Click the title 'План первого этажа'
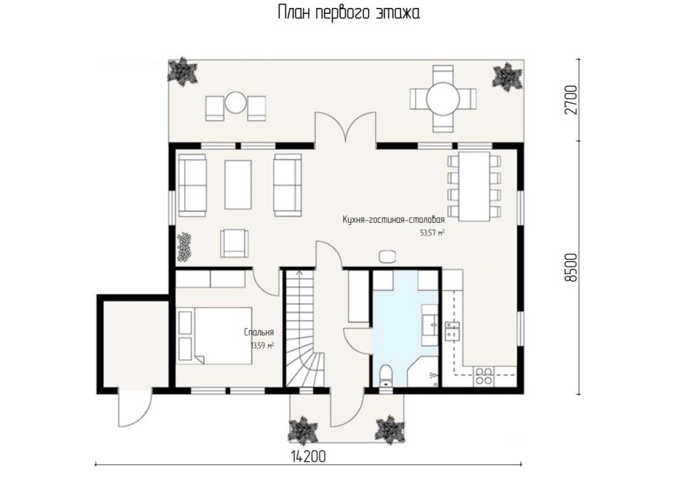pyautogui.click(x=348, y=12)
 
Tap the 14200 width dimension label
pyautogui.click(x=308, y=456)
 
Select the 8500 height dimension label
pyautogui.click(x=571, y=268)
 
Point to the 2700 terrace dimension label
pyautogui.click(x=571, y=100)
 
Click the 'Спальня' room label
pyautogui.click(x=259, y=332)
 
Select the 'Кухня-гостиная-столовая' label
pyautogui.click(x=394, y=220)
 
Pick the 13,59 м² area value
pyautogui.click(x=262, y=345)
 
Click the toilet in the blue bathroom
pyautogui.click(x=386, y=376)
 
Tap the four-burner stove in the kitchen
pyautogui.click(x=483, y=376)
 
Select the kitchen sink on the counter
pyautogui.click(x=452, y=331)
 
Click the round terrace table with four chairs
pyautogui.click(x=443, y=99)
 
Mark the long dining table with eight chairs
pyautogui.click(x=475, y=186)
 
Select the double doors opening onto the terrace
pyautogui.click(x=346, y=128)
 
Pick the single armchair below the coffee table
pyautogui.click(x=235, y=243)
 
